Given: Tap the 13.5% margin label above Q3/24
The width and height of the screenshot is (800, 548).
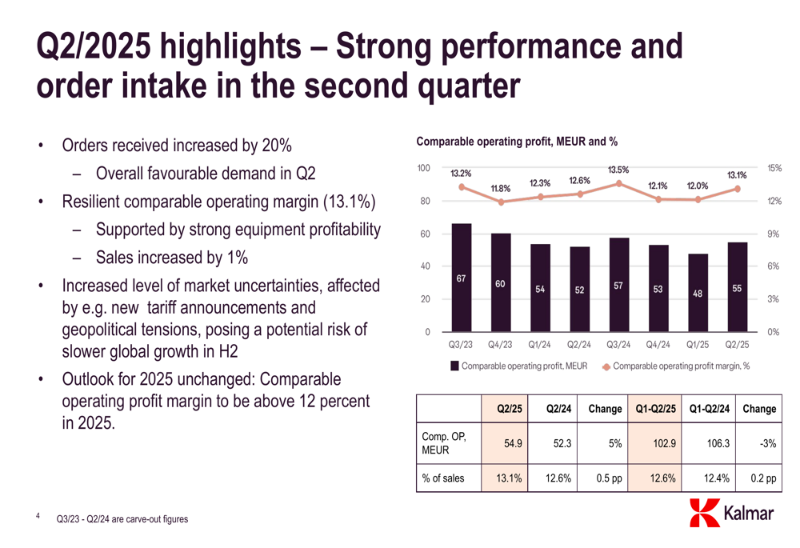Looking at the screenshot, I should click(x=618, y=170).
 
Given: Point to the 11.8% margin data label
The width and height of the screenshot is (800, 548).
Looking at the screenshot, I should click(x=500, y=189).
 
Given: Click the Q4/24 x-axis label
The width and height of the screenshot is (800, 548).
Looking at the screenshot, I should click(x=658, y=345).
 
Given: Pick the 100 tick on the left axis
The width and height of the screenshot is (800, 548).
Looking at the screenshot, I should click(x=424, y=168).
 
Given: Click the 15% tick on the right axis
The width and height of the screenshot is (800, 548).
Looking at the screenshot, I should click(x=774, y=168).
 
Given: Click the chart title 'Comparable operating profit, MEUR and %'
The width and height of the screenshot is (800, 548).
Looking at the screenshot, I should click(x=517, y=142).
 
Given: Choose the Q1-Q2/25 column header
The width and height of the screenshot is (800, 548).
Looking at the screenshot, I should click(x=655, y=409).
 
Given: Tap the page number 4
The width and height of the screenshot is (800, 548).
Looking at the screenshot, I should click(x=38, y=517).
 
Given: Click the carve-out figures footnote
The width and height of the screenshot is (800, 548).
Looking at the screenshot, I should click(x=122, y=520).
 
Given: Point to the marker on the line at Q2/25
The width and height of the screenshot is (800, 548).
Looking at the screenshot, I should click(x=737, y=190).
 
